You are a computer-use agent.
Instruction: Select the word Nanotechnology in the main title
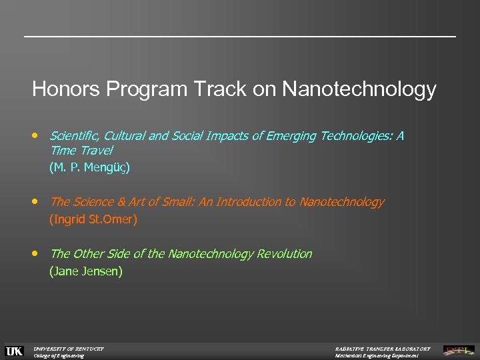coord(359,89)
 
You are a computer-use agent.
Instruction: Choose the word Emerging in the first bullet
coord(293,136)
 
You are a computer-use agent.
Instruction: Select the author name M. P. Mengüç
coord(90,167)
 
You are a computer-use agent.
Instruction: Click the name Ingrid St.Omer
coord(93,219)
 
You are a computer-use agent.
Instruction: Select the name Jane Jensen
coord(86,271)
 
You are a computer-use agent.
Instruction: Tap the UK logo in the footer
coord(14,351)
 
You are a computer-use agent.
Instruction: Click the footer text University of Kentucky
coord(69,348)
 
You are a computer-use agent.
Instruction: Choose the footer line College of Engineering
coord(59,356)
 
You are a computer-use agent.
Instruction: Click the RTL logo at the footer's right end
coord(460,351)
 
